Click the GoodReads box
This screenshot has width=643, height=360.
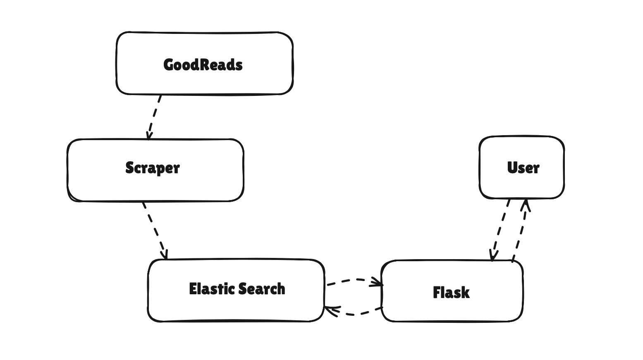click(204, 63)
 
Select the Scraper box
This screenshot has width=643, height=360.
click(155, 170)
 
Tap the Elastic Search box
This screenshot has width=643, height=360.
click(236, 290)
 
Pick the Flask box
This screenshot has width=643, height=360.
click(452, 291)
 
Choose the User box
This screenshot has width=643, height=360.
click(521, 167)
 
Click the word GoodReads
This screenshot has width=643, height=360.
click(203, 65)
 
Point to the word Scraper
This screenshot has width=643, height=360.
click(153, 168)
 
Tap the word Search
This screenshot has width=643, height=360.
click(261, 289)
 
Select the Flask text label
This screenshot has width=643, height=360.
click(451, 293)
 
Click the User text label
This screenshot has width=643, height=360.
click(523, 168)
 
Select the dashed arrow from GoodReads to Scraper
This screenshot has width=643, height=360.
click(154, 117)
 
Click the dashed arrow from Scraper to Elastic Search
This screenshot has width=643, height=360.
click(155, 231)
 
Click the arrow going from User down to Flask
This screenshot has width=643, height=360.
click(500, 230)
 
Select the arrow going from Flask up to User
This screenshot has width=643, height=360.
click(520, 230)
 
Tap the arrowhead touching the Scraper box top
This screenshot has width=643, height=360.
click(149, 136)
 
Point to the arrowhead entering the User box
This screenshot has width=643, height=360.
click(525, 205)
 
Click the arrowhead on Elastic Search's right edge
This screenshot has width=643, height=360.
click(332, 311)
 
